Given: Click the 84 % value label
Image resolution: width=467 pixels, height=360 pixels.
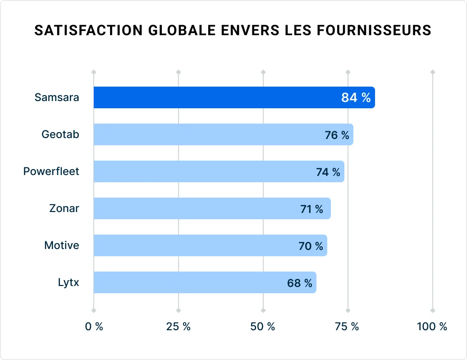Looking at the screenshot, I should (x=356, y=97).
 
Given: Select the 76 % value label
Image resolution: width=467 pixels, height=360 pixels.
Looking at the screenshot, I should (x=337, y=135).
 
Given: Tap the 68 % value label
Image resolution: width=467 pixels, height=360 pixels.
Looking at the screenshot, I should (x=299, y=283).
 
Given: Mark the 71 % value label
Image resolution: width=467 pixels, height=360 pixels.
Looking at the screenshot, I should (x=311, y=209).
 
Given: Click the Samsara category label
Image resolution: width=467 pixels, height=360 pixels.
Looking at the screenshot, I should (x=57, y=97).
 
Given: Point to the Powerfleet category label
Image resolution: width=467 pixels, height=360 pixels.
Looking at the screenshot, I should (x=51, y=171).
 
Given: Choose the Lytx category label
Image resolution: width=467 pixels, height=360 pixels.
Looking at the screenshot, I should (x=69, y=282).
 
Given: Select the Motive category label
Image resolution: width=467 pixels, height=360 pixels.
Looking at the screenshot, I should (x=61, y=245).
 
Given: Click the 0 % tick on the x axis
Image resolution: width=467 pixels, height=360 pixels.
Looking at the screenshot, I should (x=94, y=327).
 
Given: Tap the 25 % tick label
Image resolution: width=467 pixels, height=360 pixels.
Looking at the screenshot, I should (x=179, y=327).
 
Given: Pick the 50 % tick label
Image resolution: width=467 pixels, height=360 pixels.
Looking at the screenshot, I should (x=263, y=327).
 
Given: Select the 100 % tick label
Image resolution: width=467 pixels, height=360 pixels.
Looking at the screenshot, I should (x=432, y=327).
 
